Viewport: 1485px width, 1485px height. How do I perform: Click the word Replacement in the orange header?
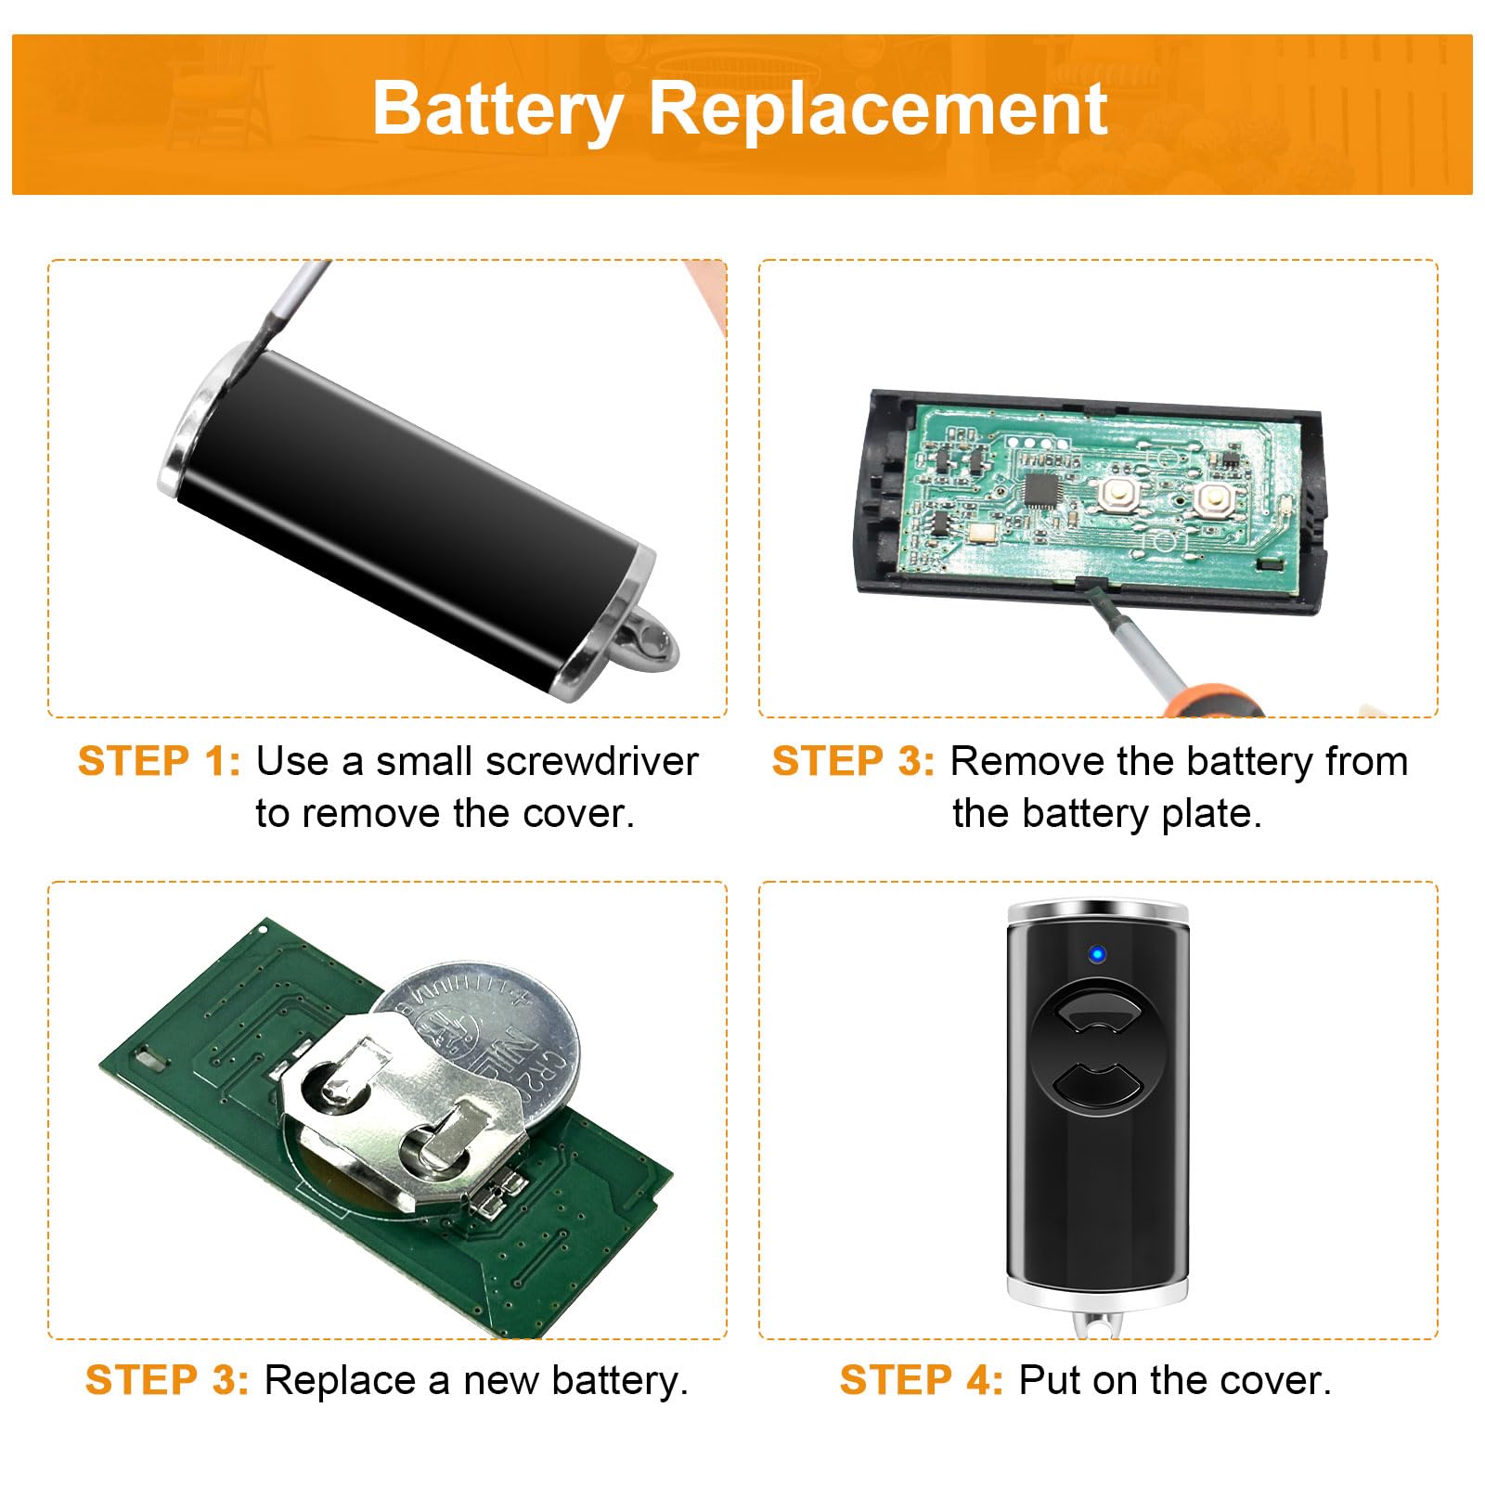(878, 110)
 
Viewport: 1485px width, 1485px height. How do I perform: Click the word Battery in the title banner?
(497, 110)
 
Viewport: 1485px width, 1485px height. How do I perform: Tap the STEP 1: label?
(160, 761)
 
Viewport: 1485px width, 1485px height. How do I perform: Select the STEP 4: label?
(922, 1380)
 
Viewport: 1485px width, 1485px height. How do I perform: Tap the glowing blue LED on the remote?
(1097, 953)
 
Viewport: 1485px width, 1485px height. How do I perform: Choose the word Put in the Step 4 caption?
(1051, 1380)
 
